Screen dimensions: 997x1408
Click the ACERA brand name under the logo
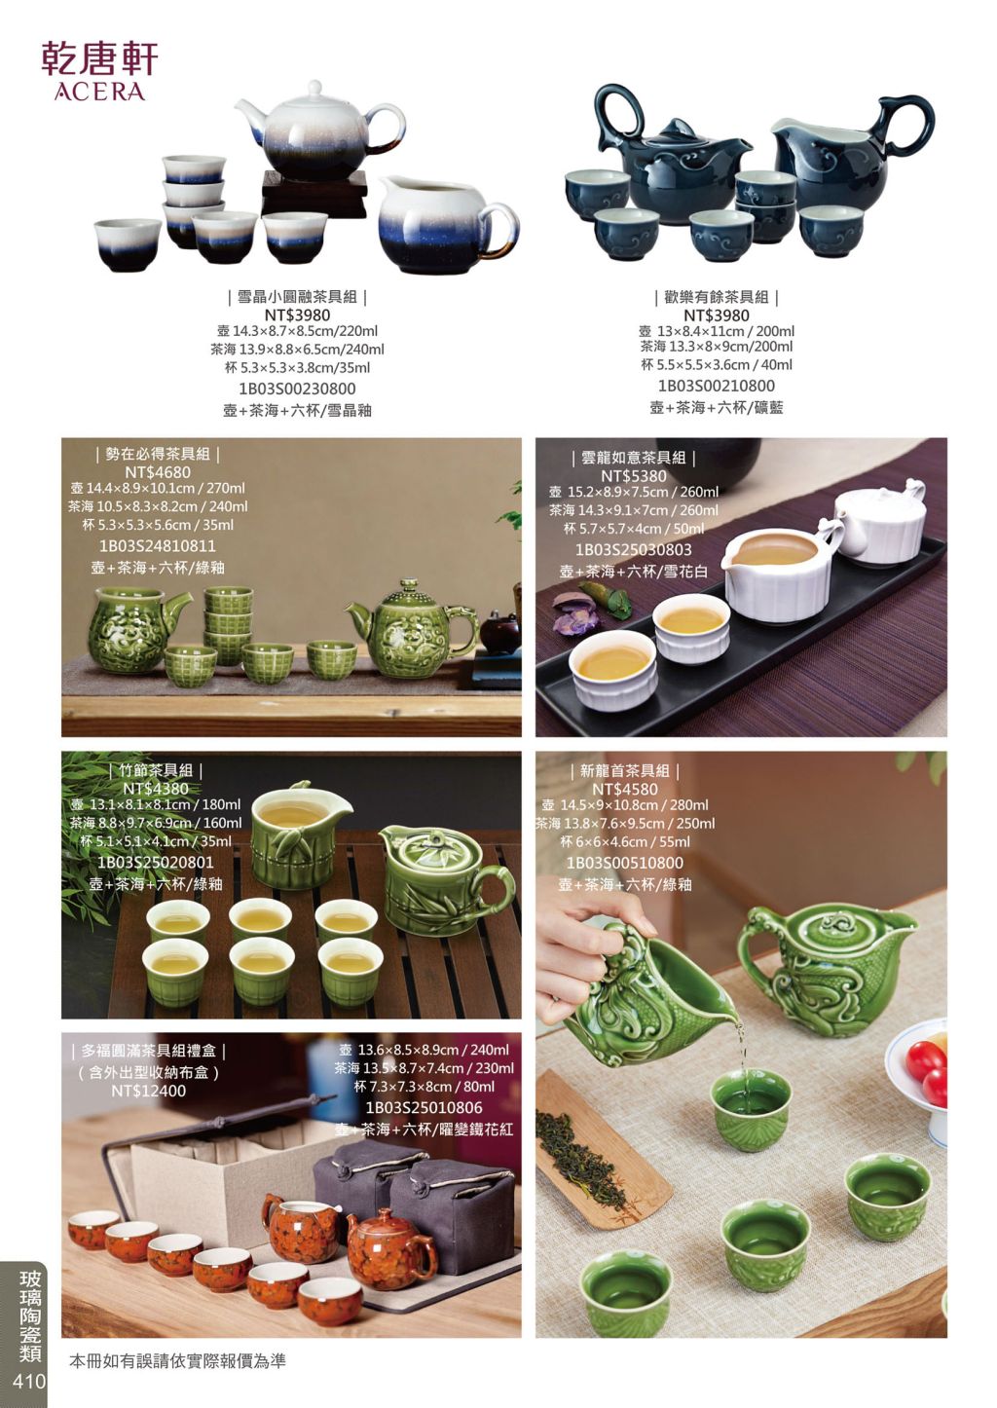[99, 92]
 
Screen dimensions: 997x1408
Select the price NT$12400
[148, 1091]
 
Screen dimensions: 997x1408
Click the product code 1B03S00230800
[297, 389]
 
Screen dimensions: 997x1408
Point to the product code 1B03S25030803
[634, 550]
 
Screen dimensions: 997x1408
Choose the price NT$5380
[634, 476]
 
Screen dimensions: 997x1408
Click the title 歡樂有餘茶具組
[716, 297]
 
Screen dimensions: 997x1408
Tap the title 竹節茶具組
[156, 770]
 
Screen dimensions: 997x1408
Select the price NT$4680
[157, 472]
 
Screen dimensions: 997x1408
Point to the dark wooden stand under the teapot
[314, 193]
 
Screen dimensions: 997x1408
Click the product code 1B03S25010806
[425, 1107]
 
